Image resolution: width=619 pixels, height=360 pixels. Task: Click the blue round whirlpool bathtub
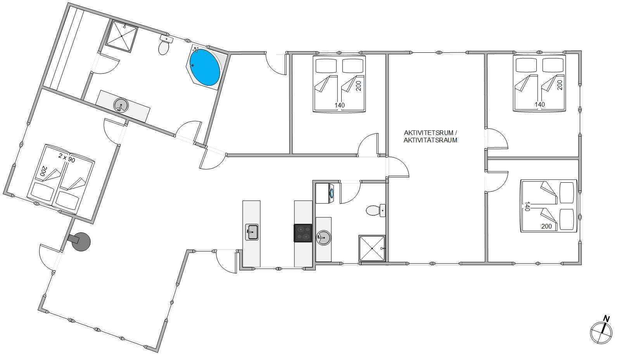[205, 67]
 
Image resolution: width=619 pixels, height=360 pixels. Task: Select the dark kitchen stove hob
[303, 233]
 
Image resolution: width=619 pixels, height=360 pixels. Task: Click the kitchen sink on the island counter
[252, 232]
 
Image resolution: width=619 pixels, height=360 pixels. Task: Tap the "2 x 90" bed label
[67, 158]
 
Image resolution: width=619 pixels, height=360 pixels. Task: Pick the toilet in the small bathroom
[375, 211]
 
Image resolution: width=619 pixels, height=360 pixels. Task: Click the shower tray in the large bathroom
[122, 36]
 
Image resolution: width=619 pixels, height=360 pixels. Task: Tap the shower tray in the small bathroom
[372, 248]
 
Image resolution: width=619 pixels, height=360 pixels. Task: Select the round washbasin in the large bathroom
[121, 106]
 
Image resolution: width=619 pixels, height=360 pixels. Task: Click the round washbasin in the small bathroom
[323, 237]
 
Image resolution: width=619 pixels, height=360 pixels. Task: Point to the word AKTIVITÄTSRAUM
[430, 140]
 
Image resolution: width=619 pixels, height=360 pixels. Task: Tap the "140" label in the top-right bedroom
[539, 104]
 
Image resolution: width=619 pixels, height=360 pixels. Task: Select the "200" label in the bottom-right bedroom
[546, 226]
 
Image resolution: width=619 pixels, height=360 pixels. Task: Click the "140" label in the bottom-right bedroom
[527, 206]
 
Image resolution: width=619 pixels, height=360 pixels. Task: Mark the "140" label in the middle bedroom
[340, 105]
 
